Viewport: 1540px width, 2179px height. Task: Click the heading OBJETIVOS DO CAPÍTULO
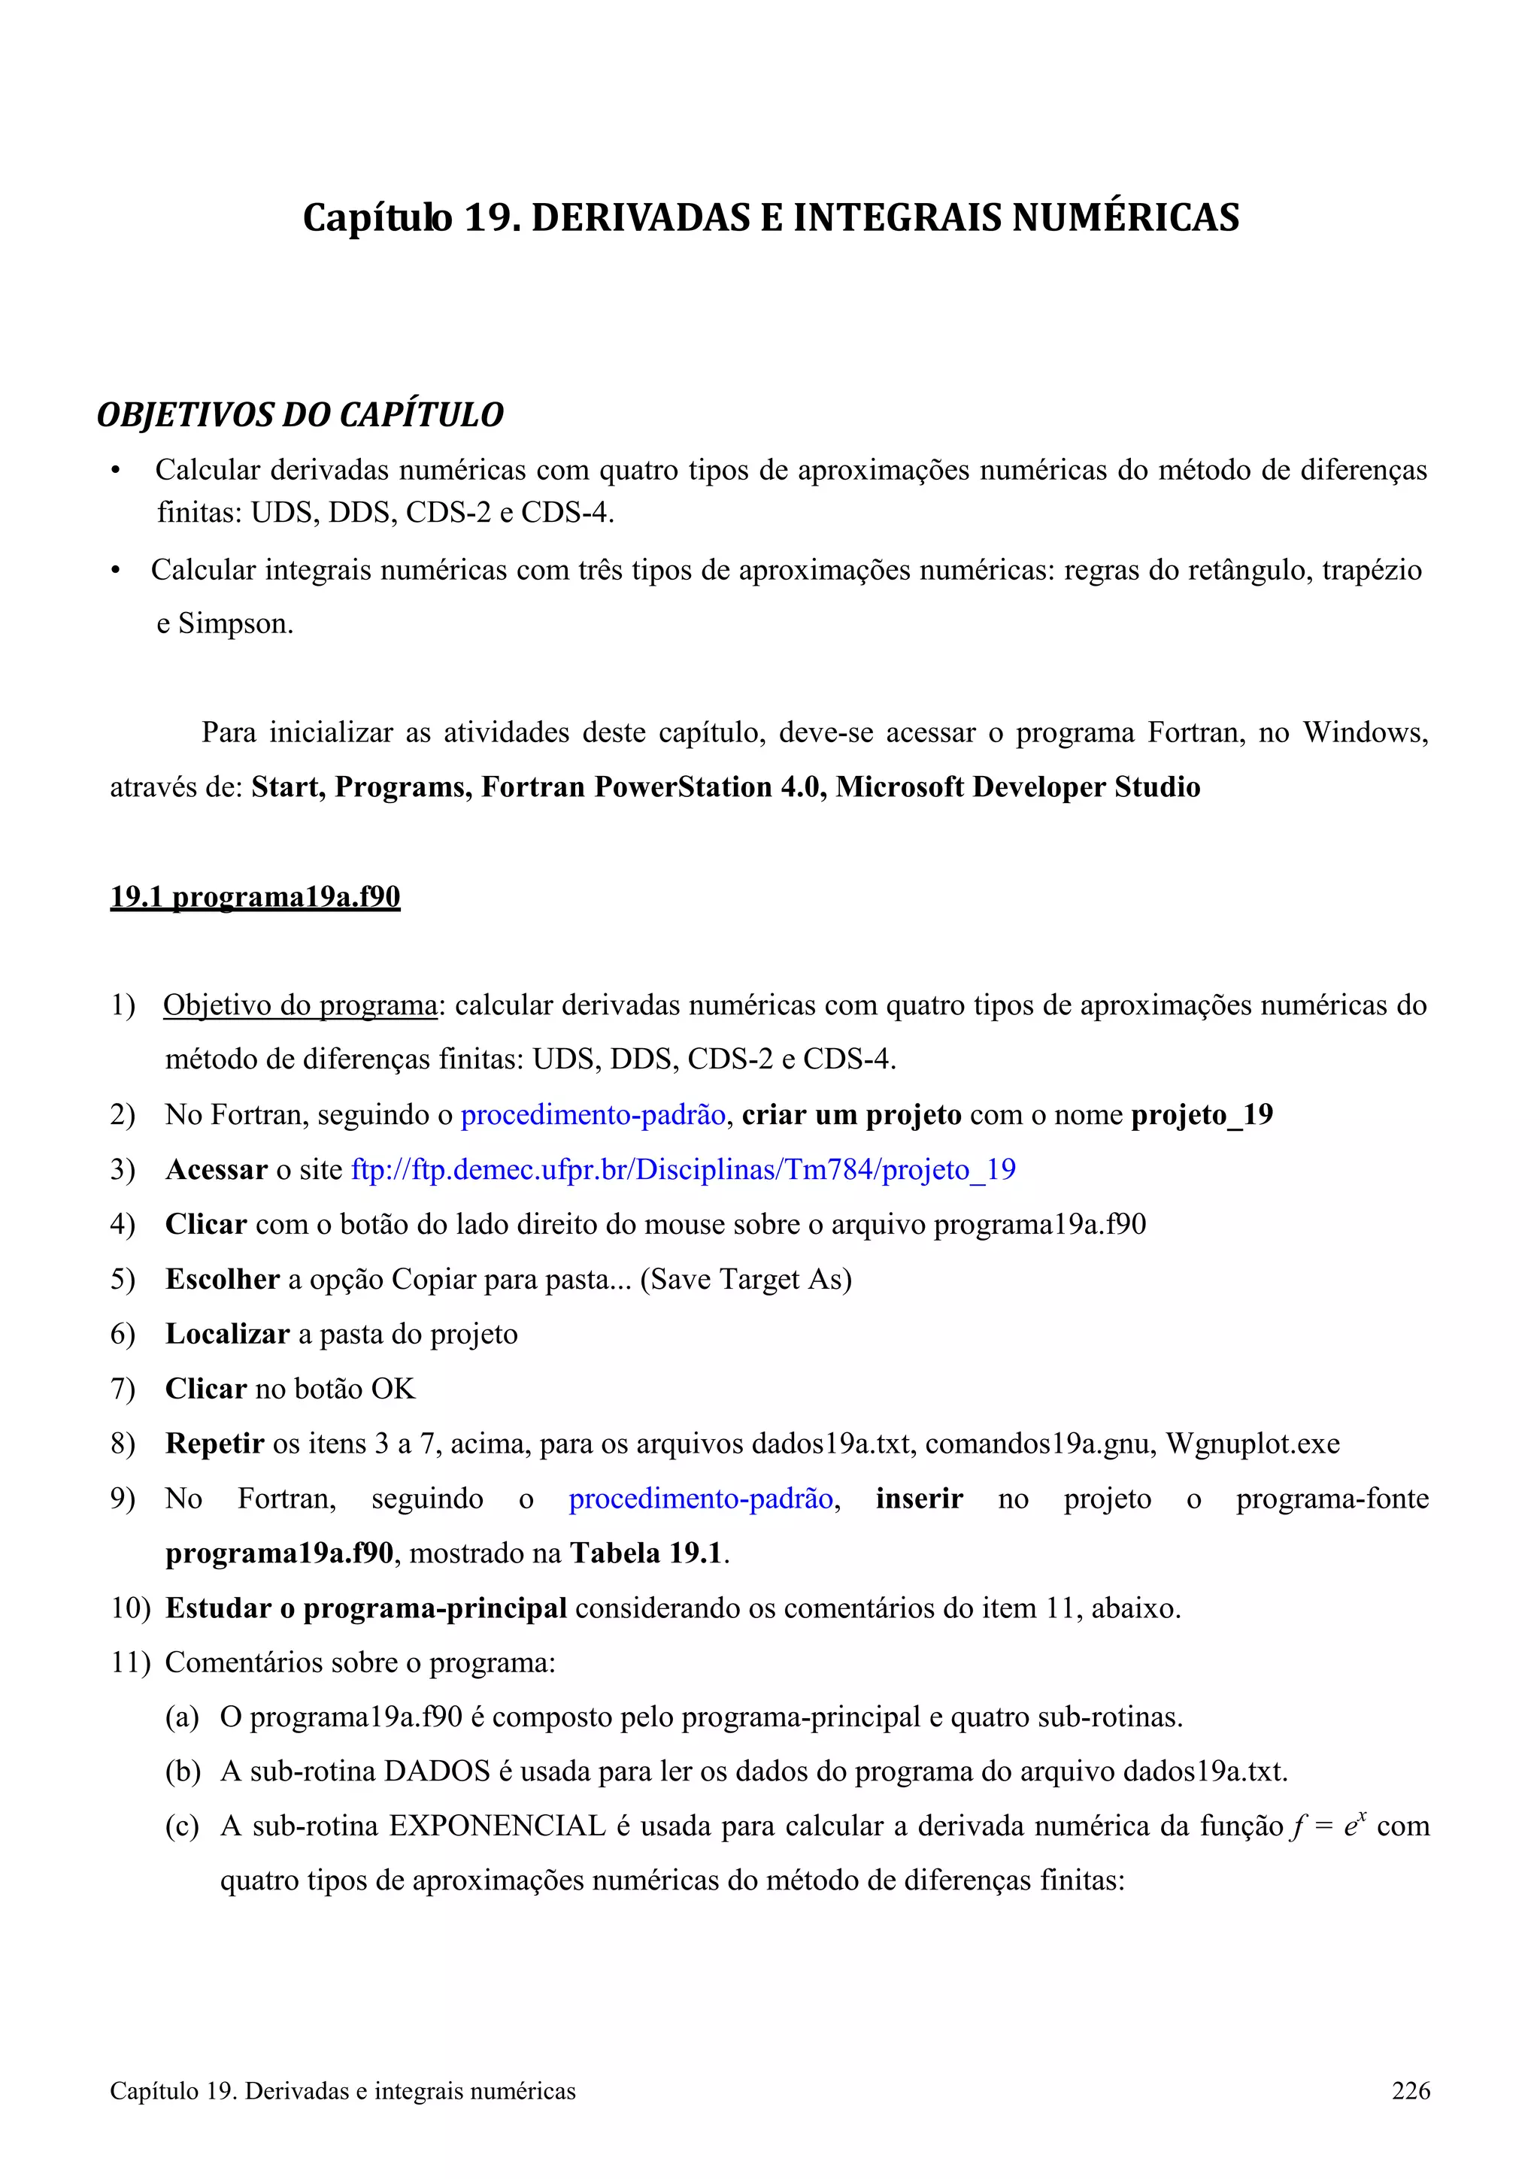coord(300,415)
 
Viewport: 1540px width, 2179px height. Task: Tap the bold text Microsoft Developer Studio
coord(1017,786)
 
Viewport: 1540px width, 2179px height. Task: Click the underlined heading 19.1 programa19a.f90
coord(255,897)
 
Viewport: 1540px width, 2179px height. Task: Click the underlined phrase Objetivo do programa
coord(300,1005)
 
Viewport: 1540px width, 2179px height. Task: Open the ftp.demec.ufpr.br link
coord(684,1169)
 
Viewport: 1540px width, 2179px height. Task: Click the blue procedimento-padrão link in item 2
coord(593,1114)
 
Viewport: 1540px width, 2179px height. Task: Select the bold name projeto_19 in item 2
coord(1202,1114)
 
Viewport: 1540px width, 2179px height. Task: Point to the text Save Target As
coord(746,1279)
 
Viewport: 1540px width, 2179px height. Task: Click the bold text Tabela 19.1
coord(646,1553)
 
